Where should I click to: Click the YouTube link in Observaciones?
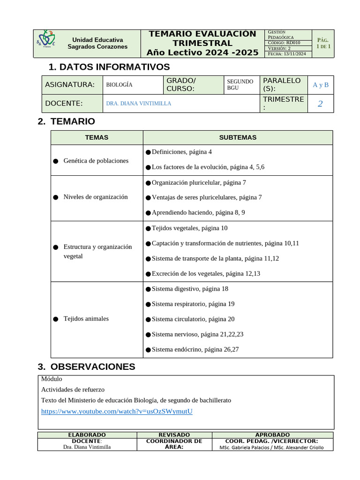coord(117,411)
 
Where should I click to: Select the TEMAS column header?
coord(97,137)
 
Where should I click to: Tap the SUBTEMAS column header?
coord(238,137)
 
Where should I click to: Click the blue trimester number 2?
coord(320,104)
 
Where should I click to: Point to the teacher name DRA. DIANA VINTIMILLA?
coord(139,103)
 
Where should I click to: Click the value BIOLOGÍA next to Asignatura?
coord(119,85)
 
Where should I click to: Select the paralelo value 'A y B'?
coord(321,85)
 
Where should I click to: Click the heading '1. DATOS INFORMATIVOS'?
coord(109,67)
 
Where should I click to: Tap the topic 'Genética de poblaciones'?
coord(96,161)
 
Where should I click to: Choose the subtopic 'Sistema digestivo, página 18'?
coord(190,289)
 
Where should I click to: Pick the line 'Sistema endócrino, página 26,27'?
coord(195,349)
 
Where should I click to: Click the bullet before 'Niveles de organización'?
coord(55,197)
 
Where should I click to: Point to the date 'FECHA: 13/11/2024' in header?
coord(286,54)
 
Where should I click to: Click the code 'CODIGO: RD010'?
coord(284,43)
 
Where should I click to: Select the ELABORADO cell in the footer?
coord(87,435)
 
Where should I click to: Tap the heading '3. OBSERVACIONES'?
coord(92,367)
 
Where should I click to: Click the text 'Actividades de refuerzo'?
coord(73,390)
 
